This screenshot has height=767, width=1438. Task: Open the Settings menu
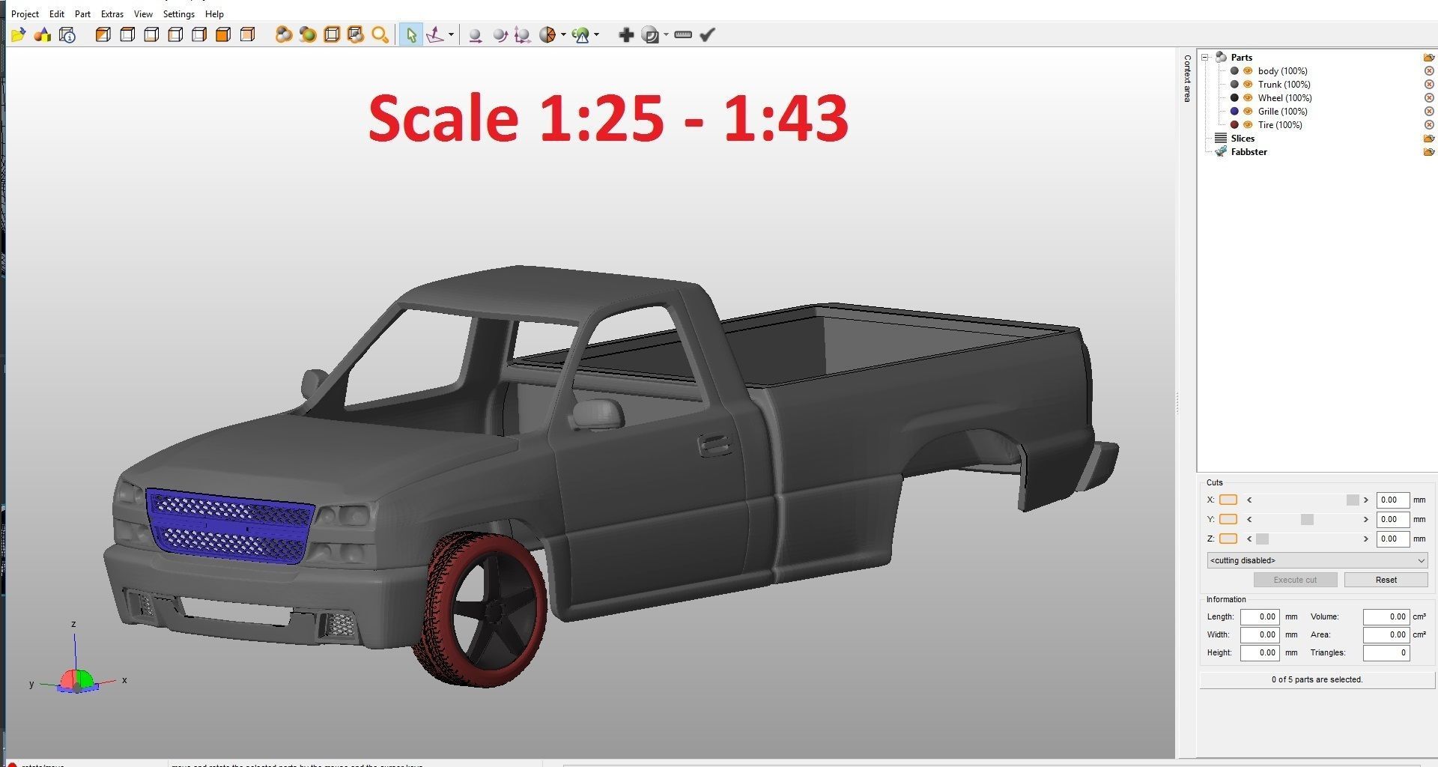click(178, 14)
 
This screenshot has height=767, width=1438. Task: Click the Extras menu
click(112, 14)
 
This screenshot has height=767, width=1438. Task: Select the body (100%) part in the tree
click(1282, 71)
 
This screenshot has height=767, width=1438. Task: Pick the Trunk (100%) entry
click(1284, 85)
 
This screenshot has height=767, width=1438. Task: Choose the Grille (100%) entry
click(1282, 112)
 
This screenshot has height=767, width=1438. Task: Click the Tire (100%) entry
click(1279, 125)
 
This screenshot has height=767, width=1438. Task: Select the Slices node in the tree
click(1242, 139)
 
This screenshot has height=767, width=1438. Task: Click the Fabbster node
click(1249, 152)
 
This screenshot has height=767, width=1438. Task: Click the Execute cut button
click(1295, 580)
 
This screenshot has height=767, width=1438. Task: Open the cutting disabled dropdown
click(1317, 560)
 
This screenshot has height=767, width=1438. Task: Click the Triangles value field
click(1386, 653)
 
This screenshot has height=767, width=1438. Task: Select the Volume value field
click(1386, 617)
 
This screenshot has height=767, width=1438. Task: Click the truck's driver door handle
click(715, 446)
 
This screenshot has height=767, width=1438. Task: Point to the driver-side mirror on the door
click(598, 413)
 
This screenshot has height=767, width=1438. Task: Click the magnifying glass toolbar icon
click(380, 34)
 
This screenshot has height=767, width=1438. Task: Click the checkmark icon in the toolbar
click(708, 34)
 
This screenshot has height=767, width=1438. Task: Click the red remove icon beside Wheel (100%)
click(1429, 98)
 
